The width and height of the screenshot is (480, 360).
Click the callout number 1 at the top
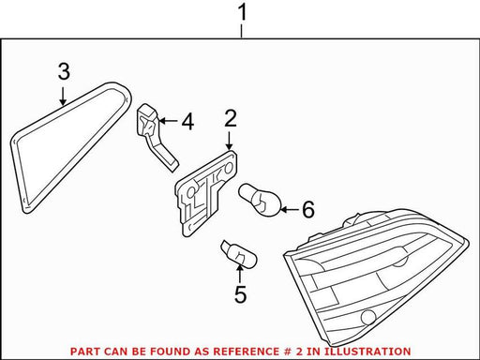242,12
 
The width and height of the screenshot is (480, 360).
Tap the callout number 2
231,118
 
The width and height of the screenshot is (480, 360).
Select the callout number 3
64,71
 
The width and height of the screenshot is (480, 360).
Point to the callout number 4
187,121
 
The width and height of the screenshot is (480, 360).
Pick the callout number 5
240,293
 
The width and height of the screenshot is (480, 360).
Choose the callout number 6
308,209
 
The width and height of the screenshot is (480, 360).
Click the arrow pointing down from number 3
63,97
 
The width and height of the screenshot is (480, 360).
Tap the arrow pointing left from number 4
168,121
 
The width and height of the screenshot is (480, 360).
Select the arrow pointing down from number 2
230,141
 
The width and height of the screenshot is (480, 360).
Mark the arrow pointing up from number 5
240,273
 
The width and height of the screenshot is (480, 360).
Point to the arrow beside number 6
290,209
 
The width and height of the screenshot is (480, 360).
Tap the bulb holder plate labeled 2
206,192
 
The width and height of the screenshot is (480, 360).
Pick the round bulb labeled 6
260,200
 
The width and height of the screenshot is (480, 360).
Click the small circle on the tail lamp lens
367,318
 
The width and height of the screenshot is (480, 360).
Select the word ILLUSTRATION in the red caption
367,352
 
